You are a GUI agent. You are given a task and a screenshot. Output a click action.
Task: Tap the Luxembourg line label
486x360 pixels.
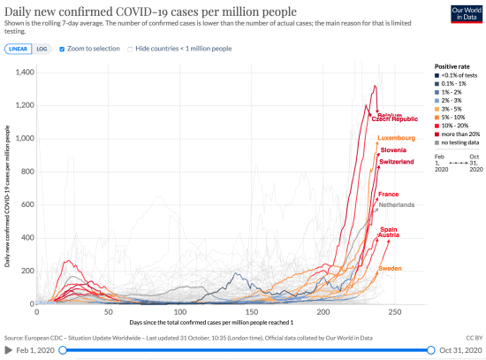[x=396, y=139]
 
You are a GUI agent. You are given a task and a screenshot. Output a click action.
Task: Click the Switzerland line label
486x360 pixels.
[x=397, y=163]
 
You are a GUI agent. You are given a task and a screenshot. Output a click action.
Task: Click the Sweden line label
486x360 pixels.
[x=391, y=267]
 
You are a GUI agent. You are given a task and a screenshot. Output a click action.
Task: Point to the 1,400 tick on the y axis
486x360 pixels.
[x=20, y=73]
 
